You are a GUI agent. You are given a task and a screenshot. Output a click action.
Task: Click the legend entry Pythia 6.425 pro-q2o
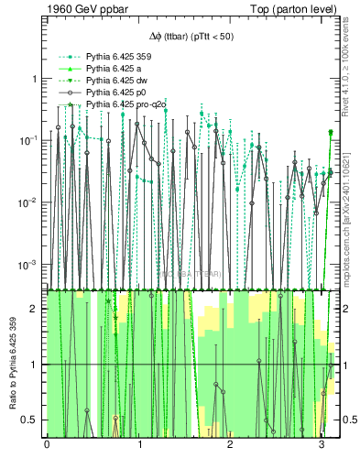(x=126, y=106)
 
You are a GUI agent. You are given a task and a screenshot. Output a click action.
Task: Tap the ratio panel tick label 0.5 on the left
(x=31, y=420)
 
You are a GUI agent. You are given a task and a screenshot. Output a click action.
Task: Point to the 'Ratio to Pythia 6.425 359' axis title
(x=11, y=364)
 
